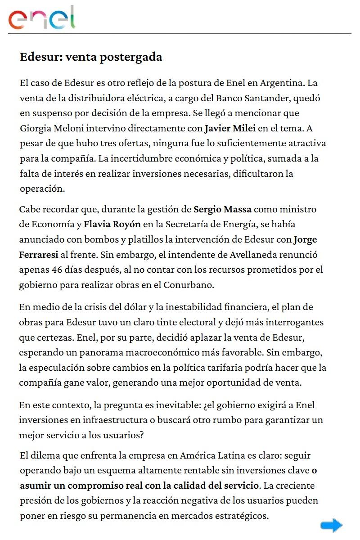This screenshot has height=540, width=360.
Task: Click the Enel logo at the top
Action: [42, 18]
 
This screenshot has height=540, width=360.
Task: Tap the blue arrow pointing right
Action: [332, 525]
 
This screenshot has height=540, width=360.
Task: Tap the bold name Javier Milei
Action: [230, 128]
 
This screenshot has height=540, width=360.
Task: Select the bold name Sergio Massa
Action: [222, 209]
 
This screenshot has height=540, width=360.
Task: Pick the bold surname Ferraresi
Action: [39, 254]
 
